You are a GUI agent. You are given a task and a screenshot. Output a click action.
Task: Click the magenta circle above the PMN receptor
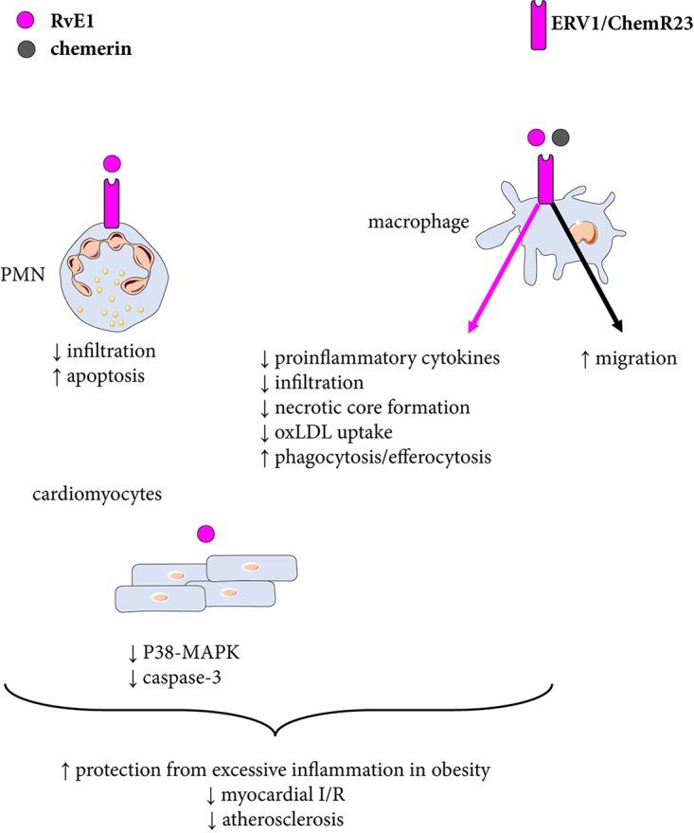coord(112,164)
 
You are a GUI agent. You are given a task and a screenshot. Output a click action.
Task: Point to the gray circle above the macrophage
coord(561,137)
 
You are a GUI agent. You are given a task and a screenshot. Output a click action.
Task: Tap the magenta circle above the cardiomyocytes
coord(200,536)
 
